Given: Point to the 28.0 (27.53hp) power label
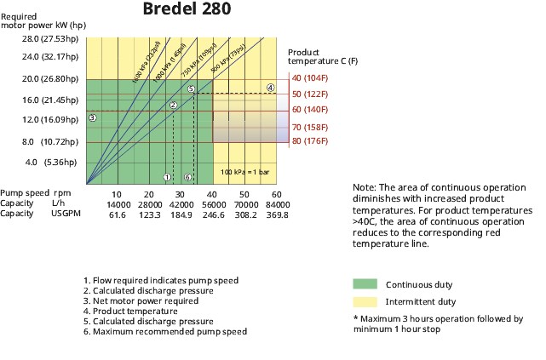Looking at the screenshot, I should coord(44,38).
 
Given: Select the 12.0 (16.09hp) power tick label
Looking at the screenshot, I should coord(44,120).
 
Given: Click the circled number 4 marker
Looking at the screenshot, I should coord(270,88).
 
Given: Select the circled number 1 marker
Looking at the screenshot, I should coord(167,177).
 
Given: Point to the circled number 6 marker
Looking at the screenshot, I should coord(187,177).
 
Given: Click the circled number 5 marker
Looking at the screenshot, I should coord(192,89).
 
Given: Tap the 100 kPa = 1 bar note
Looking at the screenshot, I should coord(245,172).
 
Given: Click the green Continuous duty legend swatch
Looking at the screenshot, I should coord(364,284).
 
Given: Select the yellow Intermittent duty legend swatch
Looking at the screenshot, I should coord(364,301).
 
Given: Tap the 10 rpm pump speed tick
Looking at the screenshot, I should coord(119,195).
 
